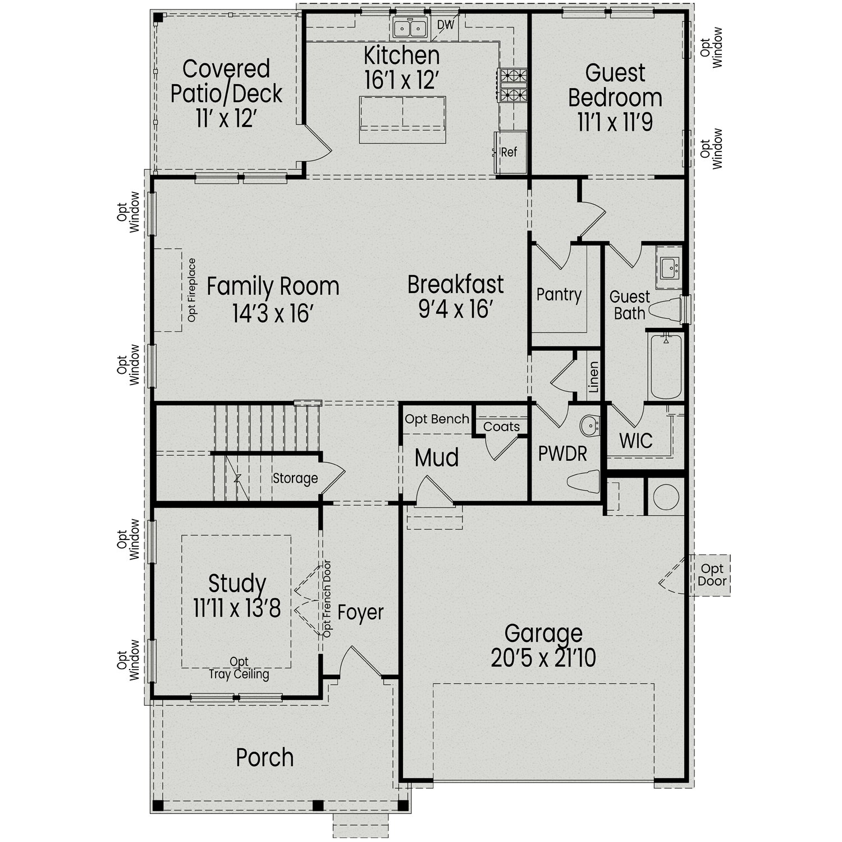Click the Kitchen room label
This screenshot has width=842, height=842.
tap(401, 56)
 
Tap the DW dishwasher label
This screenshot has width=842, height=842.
tap(445, 25)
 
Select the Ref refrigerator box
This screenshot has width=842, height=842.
tap(510, 152)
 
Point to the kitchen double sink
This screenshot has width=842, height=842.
tap(409, 27)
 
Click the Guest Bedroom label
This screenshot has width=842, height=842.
tap(615, 85)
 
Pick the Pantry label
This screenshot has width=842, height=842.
tap(559, 295)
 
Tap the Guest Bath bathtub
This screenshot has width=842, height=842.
tap(666, 365)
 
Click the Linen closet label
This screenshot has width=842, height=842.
tap(594, 377)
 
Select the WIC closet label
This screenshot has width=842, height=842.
tap(635, 441)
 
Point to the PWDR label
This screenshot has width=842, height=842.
tap(562, 454)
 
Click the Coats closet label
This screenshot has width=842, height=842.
tap(501, 427)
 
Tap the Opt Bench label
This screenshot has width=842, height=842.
tap(437, 419)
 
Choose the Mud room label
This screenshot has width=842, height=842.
tap(437, 457)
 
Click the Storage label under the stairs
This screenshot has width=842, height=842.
tap(295, 478)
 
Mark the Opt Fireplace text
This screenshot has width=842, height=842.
tap(192, 290)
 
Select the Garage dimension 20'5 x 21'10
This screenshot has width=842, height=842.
tap(543, 658)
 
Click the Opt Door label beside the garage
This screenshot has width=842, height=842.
tap(712, 575)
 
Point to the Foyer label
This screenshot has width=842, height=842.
tap(360, 612)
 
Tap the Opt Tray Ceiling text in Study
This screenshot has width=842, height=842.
tap(239, 669)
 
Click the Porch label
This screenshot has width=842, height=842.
tap(264, 758)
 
